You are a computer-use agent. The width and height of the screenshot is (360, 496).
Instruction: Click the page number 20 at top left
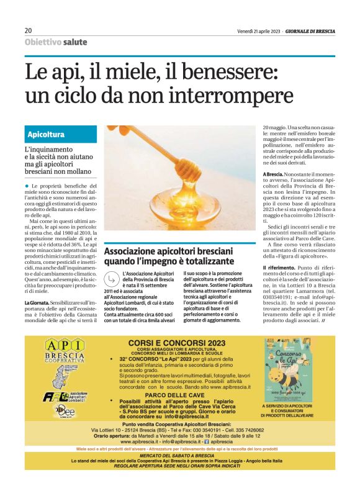click(29, 30)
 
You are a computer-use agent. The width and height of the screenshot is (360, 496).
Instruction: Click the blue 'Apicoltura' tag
click(46, 134)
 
